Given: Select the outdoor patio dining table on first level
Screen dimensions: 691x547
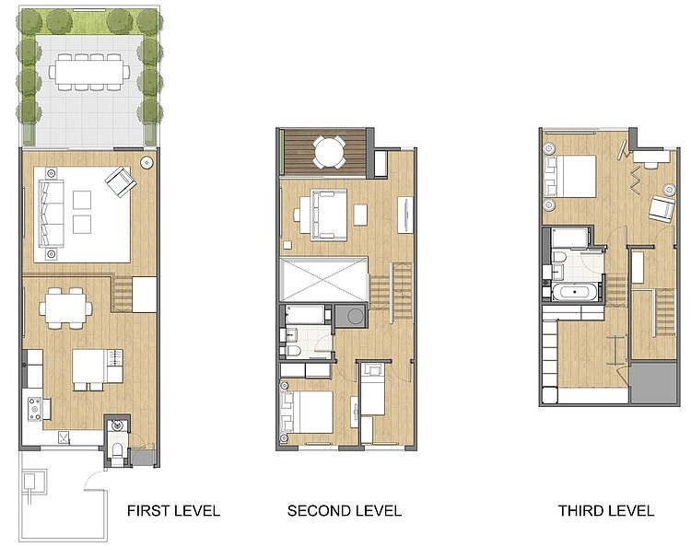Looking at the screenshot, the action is [90, 72].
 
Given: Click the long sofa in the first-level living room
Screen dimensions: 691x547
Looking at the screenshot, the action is [51, 213].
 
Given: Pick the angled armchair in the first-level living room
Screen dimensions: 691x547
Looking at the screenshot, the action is [121, 181].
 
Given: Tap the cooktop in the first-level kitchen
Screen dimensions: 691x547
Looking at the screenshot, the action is [35, 408].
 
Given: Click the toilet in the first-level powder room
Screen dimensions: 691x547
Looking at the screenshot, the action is [117, 450].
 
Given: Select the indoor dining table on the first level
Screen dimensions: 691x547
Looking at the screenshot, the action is [65, 308].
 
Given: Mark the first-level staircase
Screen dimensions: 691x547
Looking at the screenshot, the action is [123, 294].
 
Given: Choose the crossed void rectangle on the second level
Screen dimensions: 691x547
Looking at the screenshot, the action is [324, 280].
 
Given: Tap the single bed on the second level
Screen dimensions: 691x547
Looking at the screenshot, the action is [373, 390].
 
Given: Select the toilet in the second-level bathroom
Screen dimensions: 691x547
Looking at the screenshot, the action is [293, 351].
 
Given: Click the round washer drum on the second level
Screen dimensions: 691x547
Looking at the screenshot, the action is [356, 316].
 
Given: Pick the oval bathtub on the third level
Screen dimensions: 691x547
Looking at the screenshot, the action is [575, 292].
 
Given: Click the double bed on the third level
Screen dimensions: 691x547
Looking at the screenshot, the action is [569, 176].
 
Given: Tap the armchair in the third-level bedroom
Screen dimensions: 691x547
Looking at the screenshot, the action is [662, 208].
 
